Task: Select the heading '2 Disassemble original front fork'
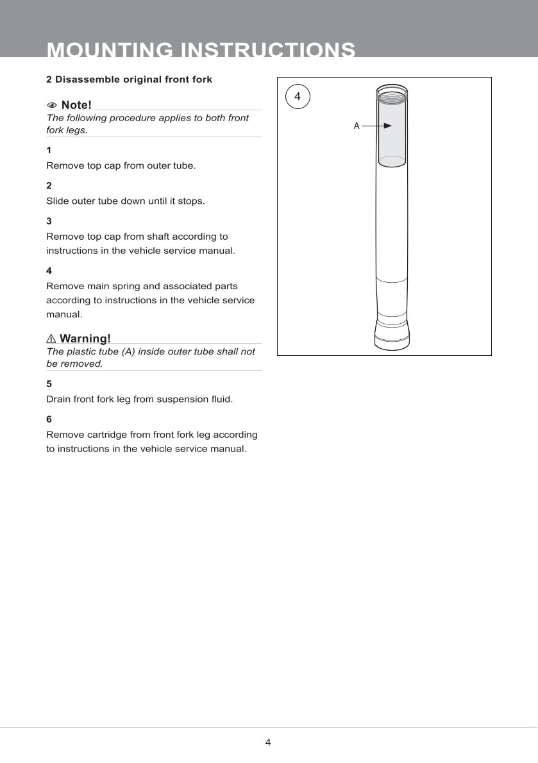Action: (129, 80)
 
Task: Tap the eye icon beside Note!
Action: (52, 105)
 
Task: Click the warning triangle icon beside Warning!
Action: (51, 339)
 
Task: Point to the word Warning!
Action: (85, 339)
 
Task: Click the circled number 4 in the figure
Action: (297, 96)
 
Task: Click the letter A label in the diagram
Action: (357, 126)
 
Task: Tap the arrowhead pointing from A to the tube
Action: (387, 126)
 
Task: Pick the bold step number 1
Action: (49, 150)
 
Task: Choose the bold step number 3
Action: (49, 221)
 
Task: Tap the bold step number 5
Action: (49, 383)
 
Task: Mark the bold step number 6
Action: (49, 419)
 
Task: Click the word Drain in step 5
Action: (59, 399)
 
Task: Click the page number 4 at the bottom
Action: (268, 742)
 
